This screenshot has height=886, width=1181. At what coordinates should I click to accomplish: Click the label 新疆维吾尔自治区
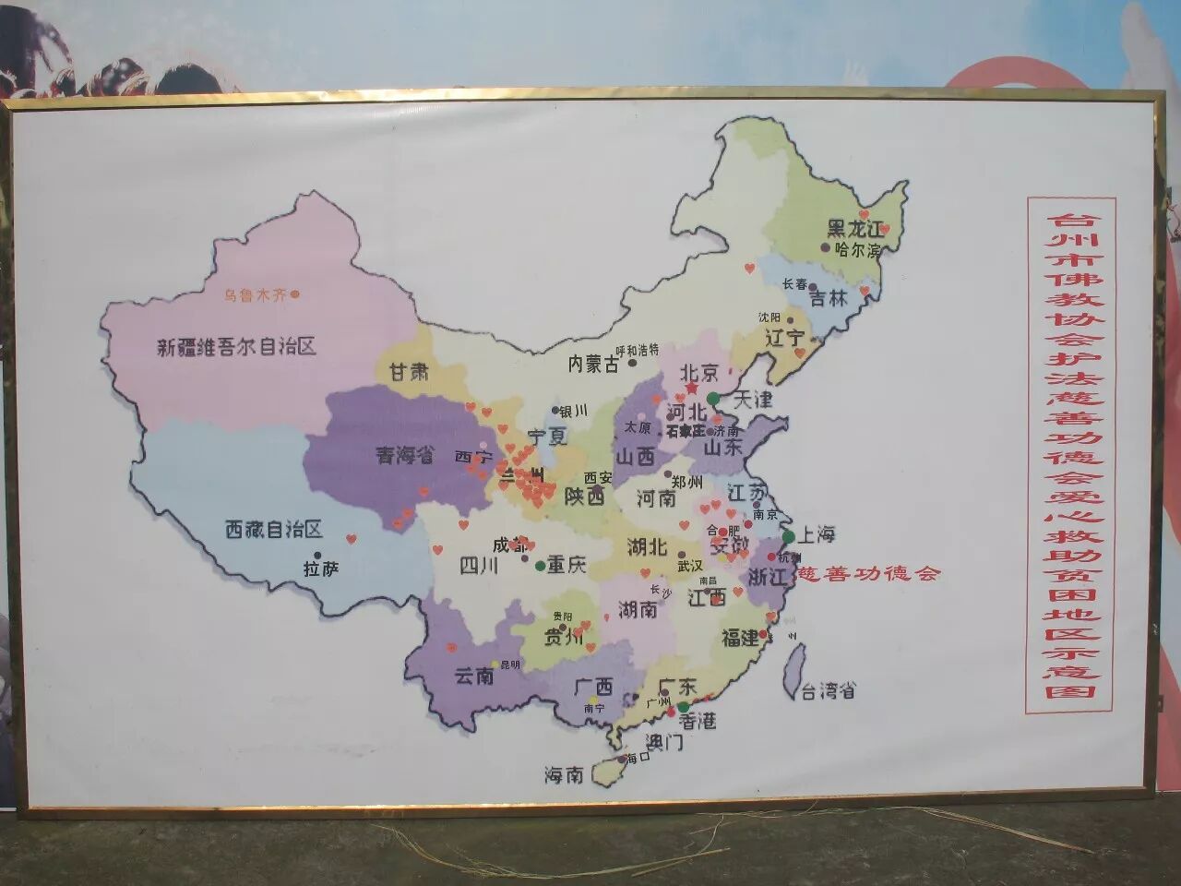(236, 347)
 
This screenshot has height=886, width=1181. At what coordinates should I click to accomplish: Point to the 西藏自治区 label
(274, 530)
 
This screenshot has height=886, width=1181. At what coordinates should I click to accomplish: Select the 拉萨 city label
(321, 569)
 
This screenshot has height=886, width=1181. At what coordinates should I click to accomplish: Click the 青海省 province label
(403, 454)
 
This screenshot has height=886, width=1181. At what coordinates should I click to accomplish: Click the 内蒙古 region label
(592, 365)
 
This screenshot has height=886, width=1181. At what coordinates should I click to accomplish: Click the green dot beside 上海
(789, 536)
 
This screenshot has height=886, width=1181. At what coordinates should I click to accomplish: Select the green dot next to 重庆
(540, 565)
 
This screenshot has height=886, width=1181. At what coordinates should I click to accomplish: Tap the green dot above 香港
(684, 707)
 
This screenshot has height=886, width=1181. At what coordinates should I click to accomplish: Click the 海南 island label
(564, 775)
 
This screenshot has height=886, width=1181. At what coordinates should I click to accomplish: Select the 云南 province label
(474, 676)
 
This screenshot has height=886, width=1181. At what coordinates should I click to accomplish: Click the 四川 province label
(479, 566)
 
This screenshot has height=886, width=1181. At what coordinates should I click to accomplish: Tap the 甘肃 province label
(409, 372)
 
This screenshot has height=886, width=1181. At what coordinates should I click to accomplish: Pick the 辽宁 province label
(785, 339)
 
